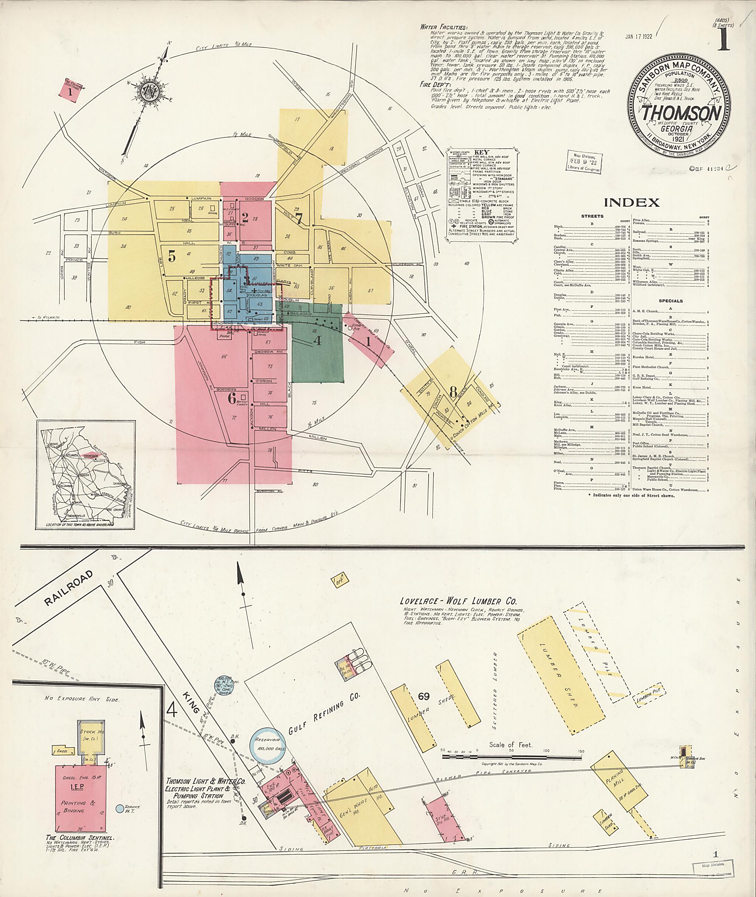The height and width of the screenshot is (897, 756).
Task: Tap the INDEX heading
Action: [x=632, y=202]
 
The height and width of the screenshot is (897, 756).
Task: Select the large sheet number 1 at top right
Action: [x=723, y=40]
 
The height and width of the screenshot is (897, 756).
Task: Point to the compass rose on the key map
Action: [x=149, y=91]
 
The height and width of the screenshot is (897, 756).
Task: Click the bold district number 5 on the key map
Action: [x=172, y=256]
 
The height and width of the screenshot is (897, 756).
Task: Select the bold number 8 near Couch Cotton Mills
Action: [x=453, y=391]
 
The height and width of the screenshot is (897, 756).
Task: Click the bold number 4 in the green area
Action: [x=317, y=340]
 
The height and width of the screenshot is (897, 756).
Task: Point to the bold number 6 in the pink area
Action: [x=231, y=398]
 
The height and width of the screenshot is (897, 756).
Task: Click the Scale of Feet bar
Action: [x=512, y=758]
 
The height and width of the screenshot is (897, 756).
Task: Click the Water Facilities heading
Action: [x=444, y=27]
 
